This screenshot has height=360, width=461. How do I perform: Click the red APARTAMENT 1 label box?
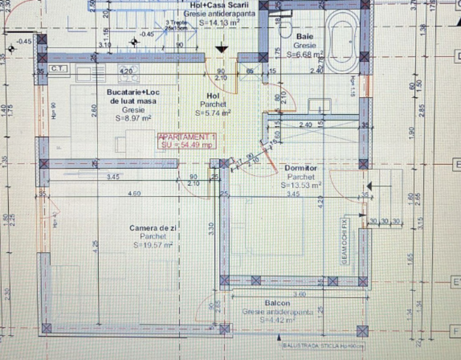(187, 141)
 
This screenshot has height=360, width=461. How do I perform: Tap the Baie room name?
(305, 37)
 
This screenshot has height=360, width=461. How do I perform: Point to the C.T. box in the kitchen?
(59, 69)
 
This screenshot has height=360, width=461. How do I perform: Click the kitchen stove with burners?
(127, 73)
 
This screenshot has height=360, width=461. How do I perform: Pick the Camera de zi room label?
(149, 228)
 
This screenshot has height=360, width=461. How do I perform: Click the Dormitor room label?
(301, 168)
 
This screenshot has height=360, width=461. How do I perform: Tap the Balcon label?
(277, 303)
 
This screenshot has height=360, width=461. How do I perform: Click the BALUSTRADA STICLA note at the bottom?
(323, 346)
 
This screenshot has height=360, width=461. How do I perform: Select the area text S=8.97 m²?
(133, 119)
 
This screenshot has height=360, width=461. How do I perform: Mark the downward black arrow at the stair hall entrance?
(221, 47)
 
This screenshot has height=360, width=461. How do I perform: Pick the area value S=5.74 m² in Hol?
(213, 113)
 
